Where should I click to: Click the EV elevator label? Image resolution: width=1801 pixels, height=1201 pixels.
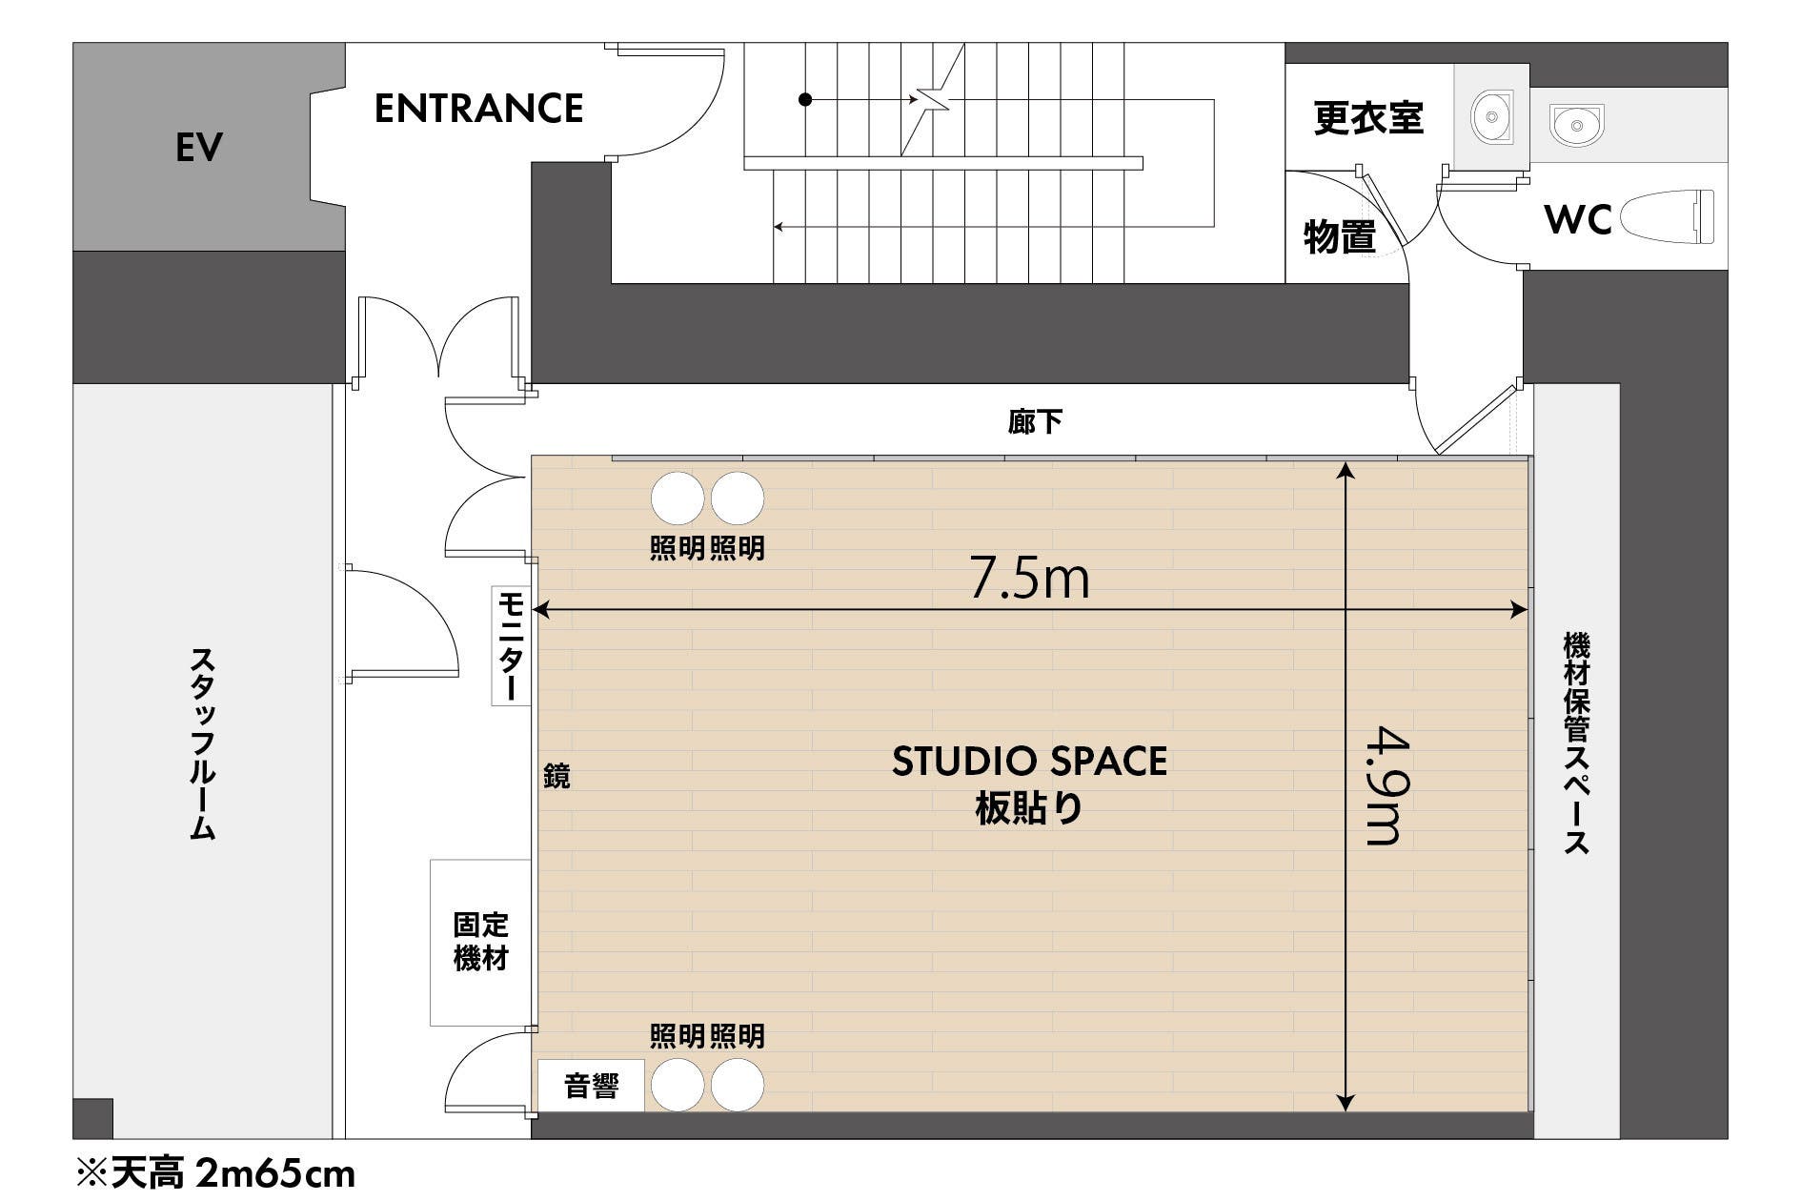[x=199, y=148]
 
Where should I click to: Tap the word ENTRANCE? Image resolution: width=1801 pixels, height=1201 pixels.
[x=478, y=109]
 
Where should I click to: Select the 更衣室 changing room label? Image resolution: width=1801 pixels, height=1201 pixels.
[x=1367, y=118]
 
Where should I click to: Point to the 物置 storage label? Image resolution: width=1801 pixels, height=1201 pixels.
[x=1339, y=236]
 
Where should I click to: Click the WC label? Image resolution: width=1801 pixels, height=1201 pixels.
[x=1577, y=220]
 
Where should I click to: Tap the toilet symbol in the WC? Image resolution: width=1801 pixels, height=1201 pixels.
[x=1667, y=216]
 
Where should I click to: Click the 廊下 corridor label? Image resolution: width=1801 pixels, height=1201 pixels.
[x=1035, y=421]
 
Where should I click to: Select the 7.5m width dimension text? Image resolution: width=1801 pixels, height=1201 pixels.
[x=1029, y=578]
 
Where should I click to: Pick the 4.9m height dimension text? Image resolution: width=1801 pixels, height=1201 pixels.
[x=1384, y=785]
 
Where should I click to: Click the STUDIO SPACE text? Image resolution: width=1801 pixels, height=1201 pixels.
[x=1029, y=762]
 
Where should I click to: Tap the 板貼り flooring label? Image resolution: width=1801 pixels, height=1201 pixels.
[x=1029, y=809]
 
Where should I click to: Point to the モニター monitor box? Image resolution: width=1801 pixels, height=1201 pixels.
[x=511, y=646]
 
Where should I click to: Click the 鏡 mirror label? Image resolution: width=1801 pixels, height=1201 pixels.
[x=556, y=776]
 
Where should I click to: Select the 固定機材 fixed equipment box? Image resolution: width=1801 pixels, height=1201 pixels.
[x=480, y=942]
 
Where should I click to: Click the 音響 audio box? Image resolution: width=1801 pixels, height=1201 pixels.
[x=592, y=1086]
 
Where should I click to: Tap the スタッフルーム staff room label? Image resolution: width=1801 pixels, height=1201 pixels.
[x=202, y=743]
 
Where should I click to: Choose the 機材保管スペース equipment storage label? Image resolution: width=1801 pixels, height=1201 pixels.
[x=1576, y=743]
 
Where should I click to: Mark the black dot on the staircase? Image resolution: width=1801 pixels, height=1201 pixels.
[x=805, y=99]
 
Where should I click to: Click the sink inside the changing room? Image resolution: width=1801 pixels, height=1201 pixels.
[x=1491, y=116]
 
